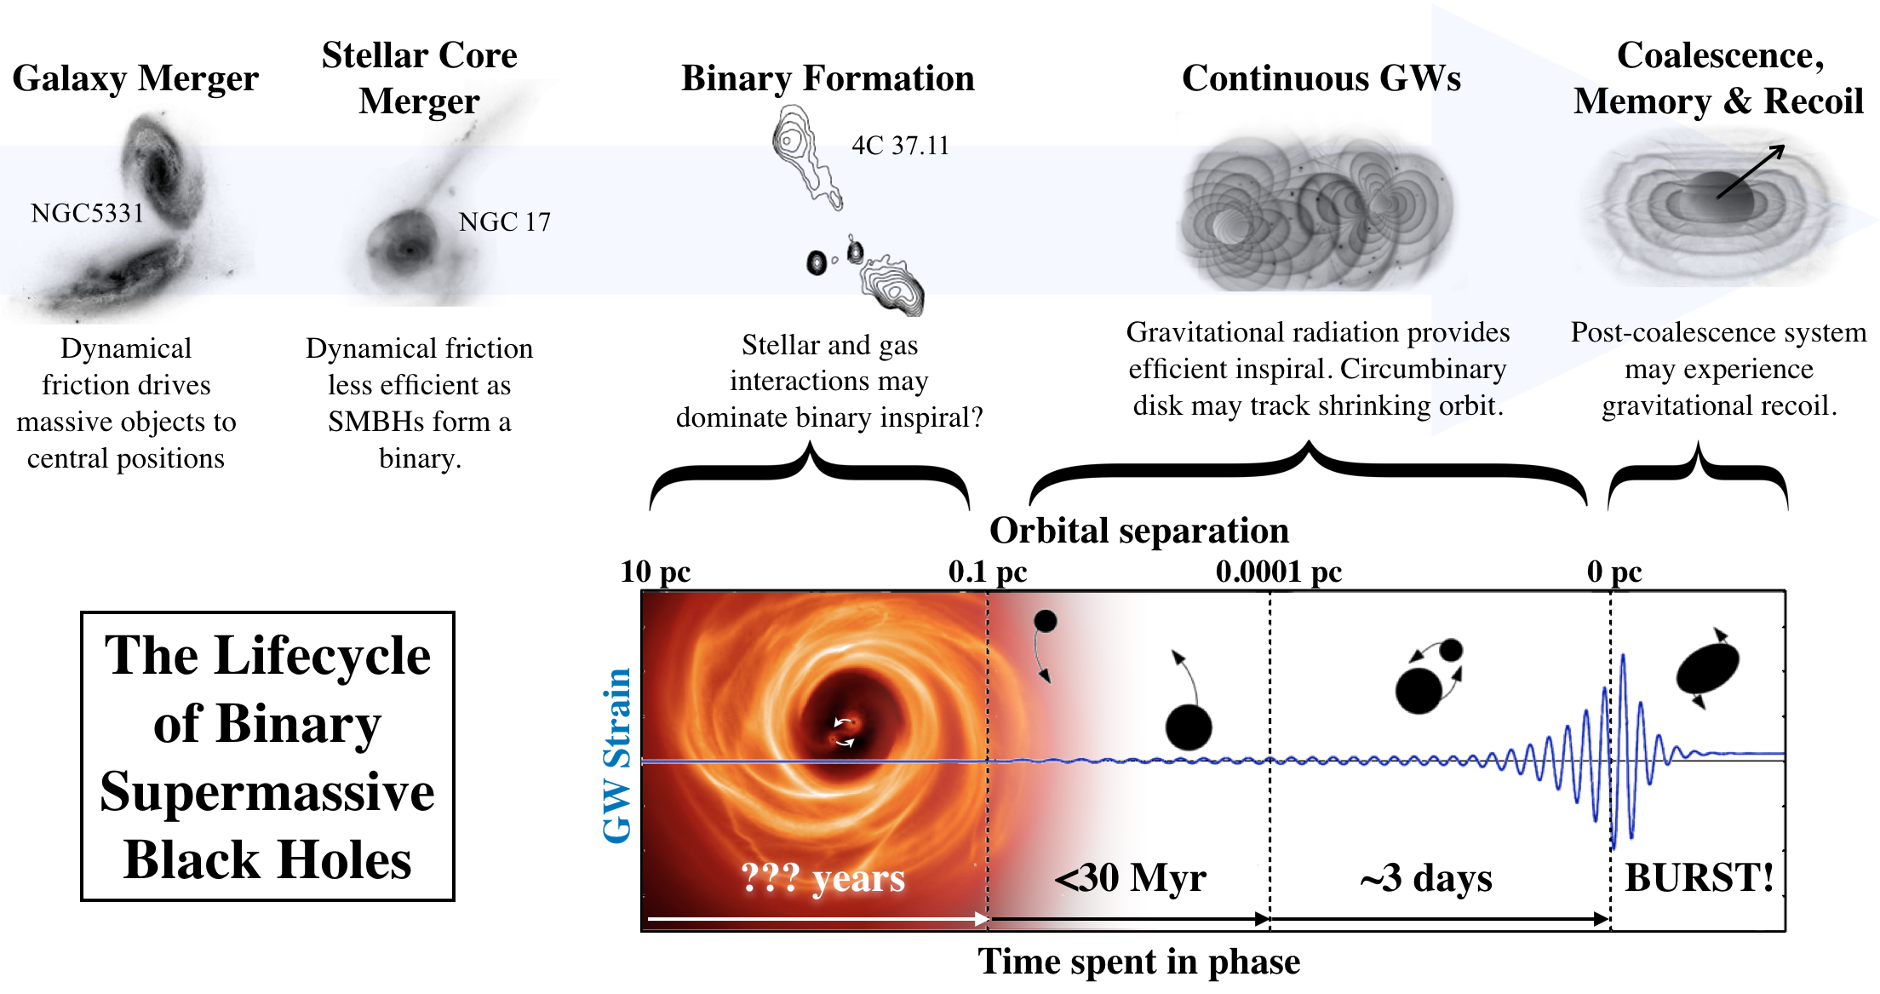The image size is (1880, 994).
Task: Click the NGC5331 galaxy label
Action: pos(87,213)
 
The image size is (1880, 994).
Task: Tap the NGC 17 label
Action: pos(504,222)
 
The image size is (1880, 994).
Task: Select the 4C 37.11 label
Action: pos(900,146)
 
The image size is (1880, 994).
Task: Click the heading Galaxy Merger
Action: pos(135,78)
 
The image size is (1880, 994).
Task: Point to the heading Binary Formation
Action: pos(828,78)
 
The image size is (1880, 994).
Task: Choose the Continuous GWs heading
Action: pos(1321,78)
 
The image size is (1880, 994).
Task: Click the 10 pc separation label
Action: pos(655,572)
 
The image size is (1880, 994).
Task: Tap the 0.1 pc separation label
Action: pos(987,572)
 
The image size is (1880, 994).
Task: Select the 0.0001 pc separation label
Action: pos(1278,572)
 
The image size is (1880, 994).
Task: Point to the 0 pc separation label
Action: pos(1613,572)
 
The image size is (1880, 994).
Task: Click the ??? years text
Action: pos(822,878)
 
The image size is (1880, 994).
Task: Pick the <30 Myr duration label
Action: pos(1130,878)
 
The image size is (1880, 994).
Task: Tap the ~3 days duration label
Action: pos(1426,878)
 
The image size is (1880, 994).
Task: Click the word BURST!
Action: pos(1699,878)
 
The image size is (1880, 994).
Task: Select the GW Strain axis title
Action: pos(617,756)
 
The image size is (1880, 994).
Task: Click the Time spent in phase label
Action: pos(1138,962)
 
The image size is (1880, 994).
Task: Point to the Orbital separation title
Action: pos(1138,531)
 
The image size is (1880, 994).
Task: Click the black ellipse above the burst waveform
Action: pos(1707,669)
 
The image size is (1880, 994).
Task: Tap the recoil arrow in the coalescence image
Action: pos(1750,171)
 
